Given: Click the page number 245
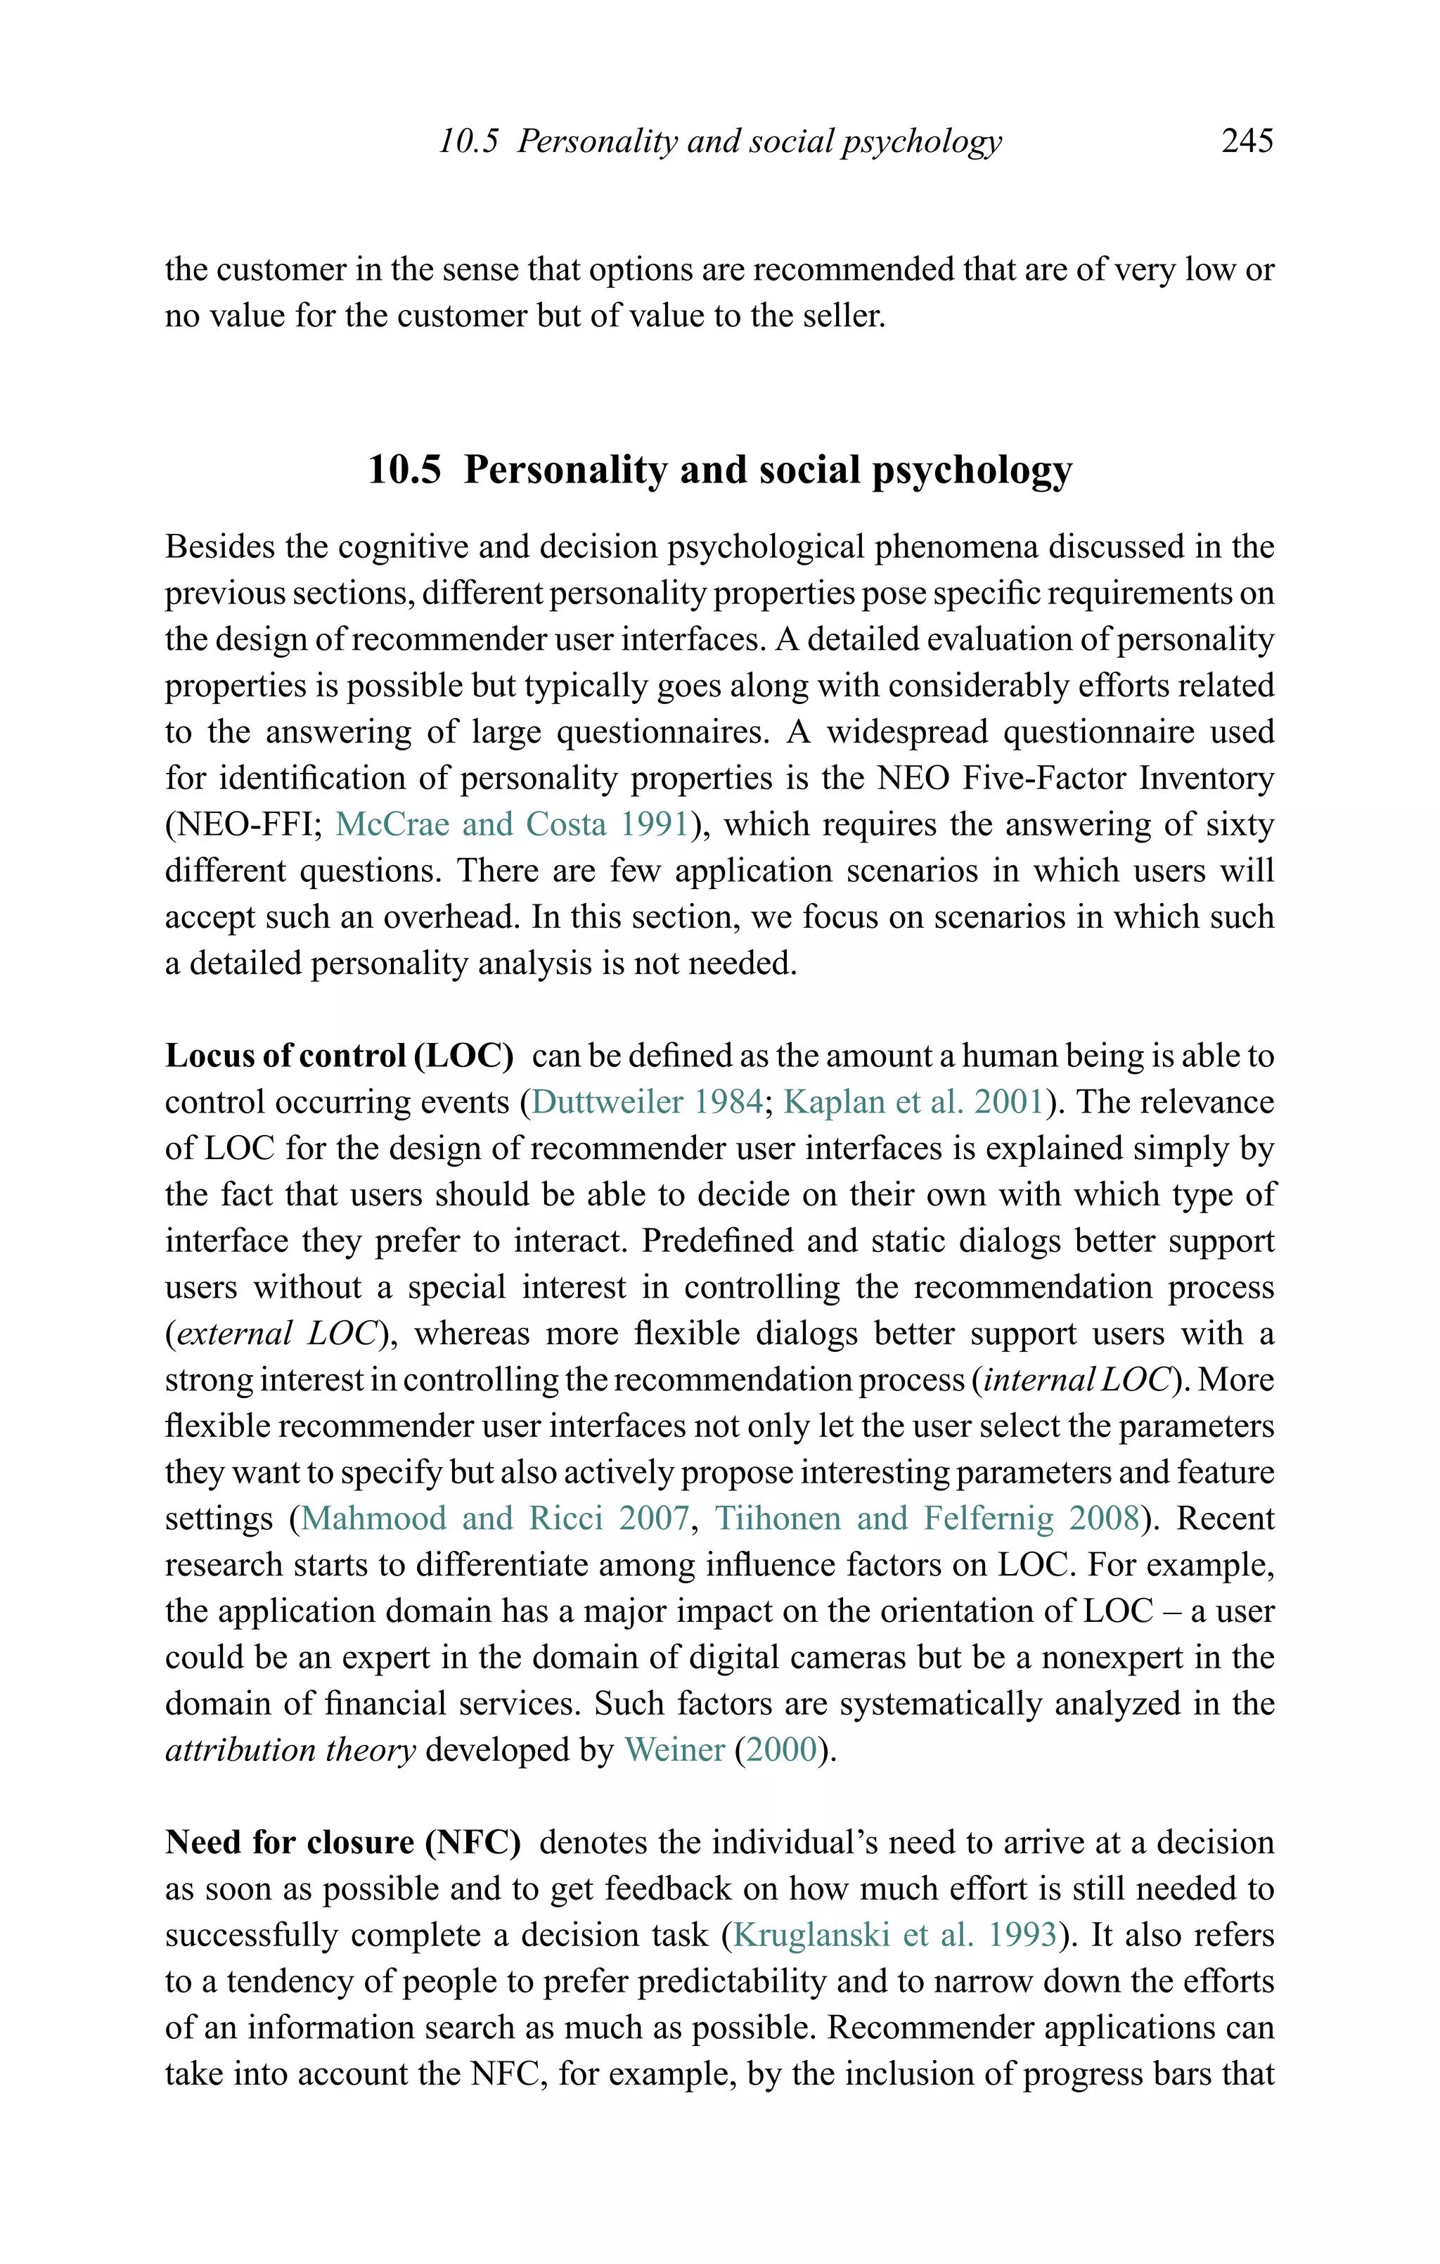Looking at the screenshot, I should click(1247, 141).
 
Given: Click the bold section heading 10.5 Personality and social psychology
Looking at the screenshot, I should click(719, 469).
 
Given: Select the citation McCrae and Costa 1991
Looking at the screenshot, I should click(513, 824).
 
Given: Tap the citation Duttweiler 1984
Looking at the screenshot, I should click(647, 1102).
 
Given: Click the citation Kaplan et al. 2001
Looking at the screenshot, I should click(913, 1102).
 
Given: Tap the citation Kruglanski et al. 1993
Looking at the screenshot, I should click(895, 1935).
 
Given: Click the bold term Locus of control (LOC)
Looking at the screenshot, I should click(340, 1056).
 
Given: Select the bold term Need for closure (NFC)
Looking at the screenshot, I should click(343, 1842).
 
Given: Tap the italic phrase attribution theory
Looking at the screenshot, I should click(290, 1750).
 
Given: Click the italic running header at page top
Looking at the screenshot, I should click(720, 141).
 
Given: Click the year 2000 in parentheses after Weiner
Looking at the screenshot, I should click(786, 1750).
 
